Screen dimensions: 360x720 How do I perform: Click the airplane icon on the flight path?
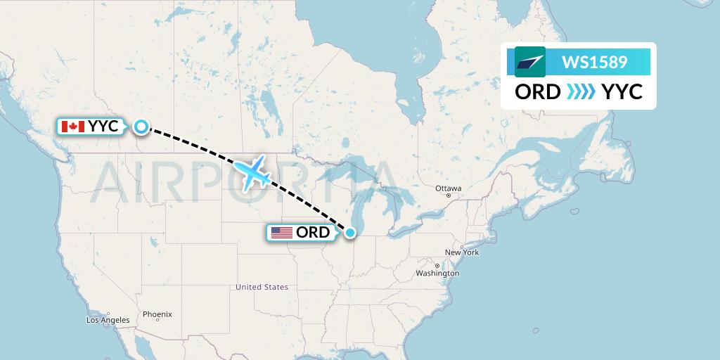252,172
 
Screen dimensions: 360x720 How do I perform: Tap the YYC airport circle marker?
141,127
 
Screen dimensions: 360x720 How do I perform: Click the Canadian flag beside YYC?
73,127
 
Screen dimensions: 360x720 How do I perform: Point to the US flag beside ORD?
281,233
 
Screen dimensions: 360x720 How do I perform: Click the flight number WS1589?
594,63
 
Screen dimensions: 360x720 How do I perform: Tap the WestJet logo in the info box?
530,62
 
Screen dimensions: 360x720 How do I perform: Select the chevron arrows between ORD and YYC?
581,92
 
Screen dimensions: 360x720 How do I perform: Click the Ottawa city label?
448,188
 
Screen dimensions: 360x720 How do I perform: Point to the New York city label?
461,252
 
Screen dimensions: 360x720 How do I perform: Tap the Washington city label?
437,273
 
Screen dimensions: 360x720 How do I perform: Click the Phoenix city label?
157,314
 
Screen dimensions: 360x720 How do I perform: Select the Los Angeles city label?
108,320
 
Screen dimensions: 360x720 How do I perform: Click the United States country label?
262,287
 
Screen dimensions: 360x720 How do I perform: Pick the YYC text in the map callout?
103,127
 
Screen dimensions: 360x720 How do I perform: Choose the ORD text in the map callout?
313,233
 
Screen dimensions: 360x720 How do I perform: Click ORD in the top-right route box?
538,92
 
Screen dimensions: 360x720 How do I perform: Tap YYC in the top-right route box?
622,92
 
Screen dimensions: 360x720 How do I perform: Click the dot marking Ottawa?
448,195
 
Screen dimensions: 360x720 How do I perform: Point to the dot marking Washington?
437,266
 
